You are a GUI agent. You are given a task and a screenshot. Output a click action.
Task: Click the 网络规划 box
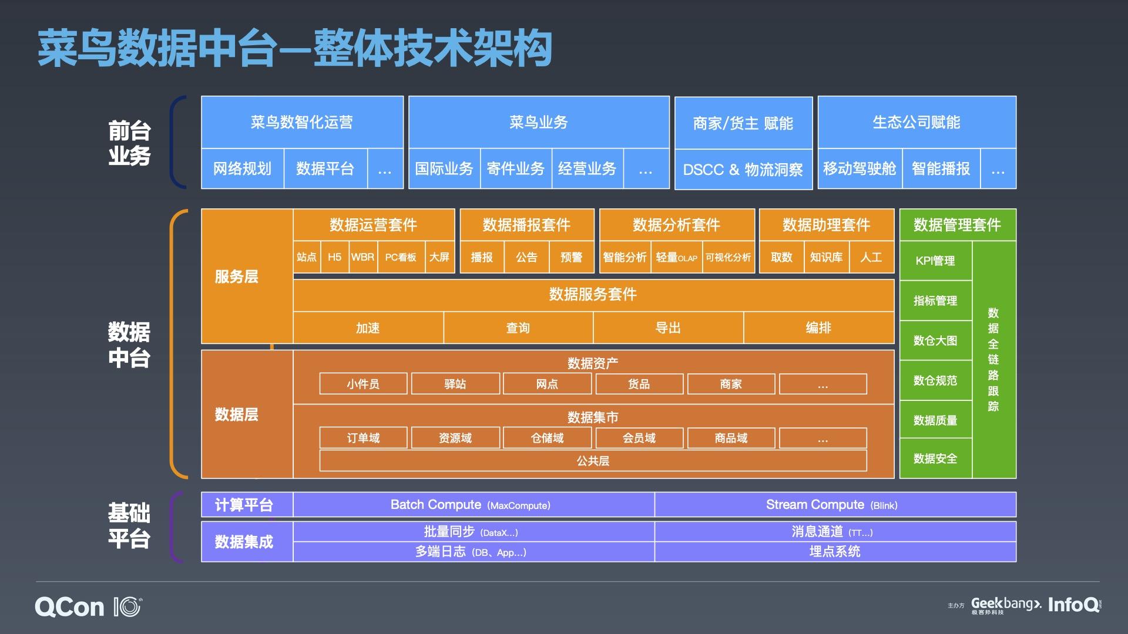pos(242,169)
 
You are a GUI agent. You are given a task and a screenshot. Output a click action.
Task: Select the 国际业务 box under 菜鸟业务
pos(444,169)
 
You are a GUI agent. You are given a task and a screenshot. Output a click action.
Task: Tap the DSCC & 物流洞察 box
pos(743,170)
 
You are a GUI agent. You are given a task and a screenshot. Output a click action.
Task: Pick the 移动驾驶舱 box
pos(860,169)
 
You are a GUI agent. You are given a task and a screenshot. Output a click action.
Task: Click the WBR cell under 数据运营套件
pos(362,257)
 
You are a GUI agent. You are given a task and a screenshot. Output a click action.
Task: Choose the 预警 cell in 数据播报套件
pos(571,257)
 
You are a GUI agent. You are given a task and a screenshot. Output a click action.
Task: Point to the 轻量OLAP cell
pos(676,257)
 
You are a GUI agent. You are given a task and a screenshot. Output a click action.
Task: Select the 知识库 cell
pos(826,257)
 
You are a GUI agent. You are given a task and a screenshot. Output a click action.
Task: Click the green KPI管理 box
pos(935,261)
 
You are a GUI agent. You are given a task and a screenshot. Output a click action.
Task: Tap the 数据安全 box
pos(935,458)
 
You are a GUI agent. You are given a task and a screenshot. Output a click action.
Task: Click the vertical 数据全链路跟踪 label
pos(993,359)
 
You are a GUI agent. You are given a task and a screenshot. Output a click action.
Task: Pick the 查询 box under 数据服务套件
pos(518,328)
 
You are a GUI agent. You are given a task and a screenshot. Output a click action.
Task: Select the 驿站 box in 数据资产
pos(455,384)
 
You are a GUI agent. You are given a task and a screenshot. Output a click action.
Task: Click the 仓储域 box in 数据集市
pos(547,438)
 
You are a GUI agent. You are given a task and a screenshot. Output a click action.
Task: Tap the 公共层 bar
pos(593,461)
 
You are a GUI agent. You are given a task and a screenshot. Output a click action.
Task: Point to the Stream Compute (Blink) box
pos(835,505)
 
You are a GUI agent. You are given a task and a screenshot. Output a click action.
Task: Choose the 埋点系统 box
pos(835,552)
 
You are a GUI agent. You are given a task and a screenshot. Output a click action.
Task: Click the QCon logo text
pos(69,607)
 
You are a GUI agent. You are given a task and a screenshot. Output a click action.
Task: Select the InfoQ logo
pos(1073,605)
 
